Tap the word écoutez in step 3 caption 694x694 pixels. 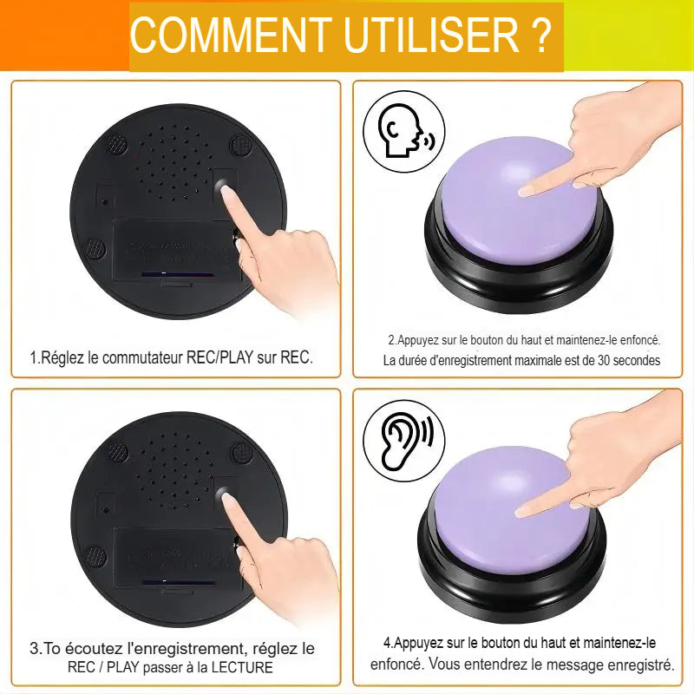[x=96, y=648]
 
